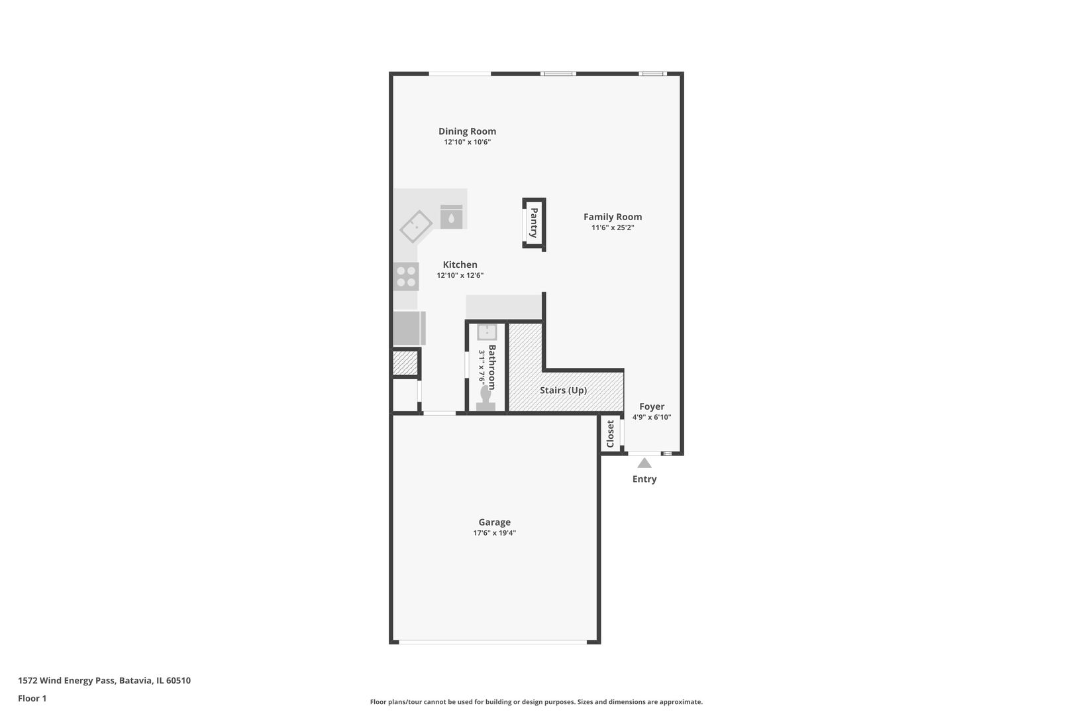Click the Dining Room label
pyautogui.click(x=467, y=131)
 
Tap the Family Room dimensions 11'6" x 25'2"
pyautogui.click(x=613, y=227)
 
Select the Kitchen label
pyautogui.click(x=460, y=265)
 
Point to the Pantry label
pyautogui.click(x=534, y=223)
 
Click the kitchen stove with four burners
pyautogui.click(x=406, y=276)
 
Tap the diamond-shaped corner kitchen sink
pyautogui.click(x=416, y=226)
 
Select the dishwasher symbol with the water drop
pyautogui.click(x=451, y=217)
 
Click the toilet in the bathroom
pyautogui.click(x=485, y=398)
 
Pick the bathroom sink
pyautogui.click(x=487, y=332)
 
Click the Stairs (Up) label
pyautogui.click(x=563, y=390)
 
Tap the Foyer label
pyautogui.click(x=652, y=406)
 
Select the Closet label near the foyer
pyautogui.click(x=610, y=434)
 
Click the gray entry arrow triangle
pyautogui.click(x=644, y=463)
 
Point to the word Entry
pyautogui.click(x=644, y=479)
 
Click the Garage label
pyautogui.click(x=494, y=522)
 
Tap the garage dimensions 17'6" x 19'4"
pyautogui.click(x=494, y=533)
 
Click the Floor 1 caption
pyautogui.click(x=32, y=698)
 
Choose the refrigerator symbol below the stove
pyautogui.click(x=409, y=328)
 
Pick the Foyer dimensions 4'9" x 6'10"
pyautogui.click(x=652, y=417)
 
